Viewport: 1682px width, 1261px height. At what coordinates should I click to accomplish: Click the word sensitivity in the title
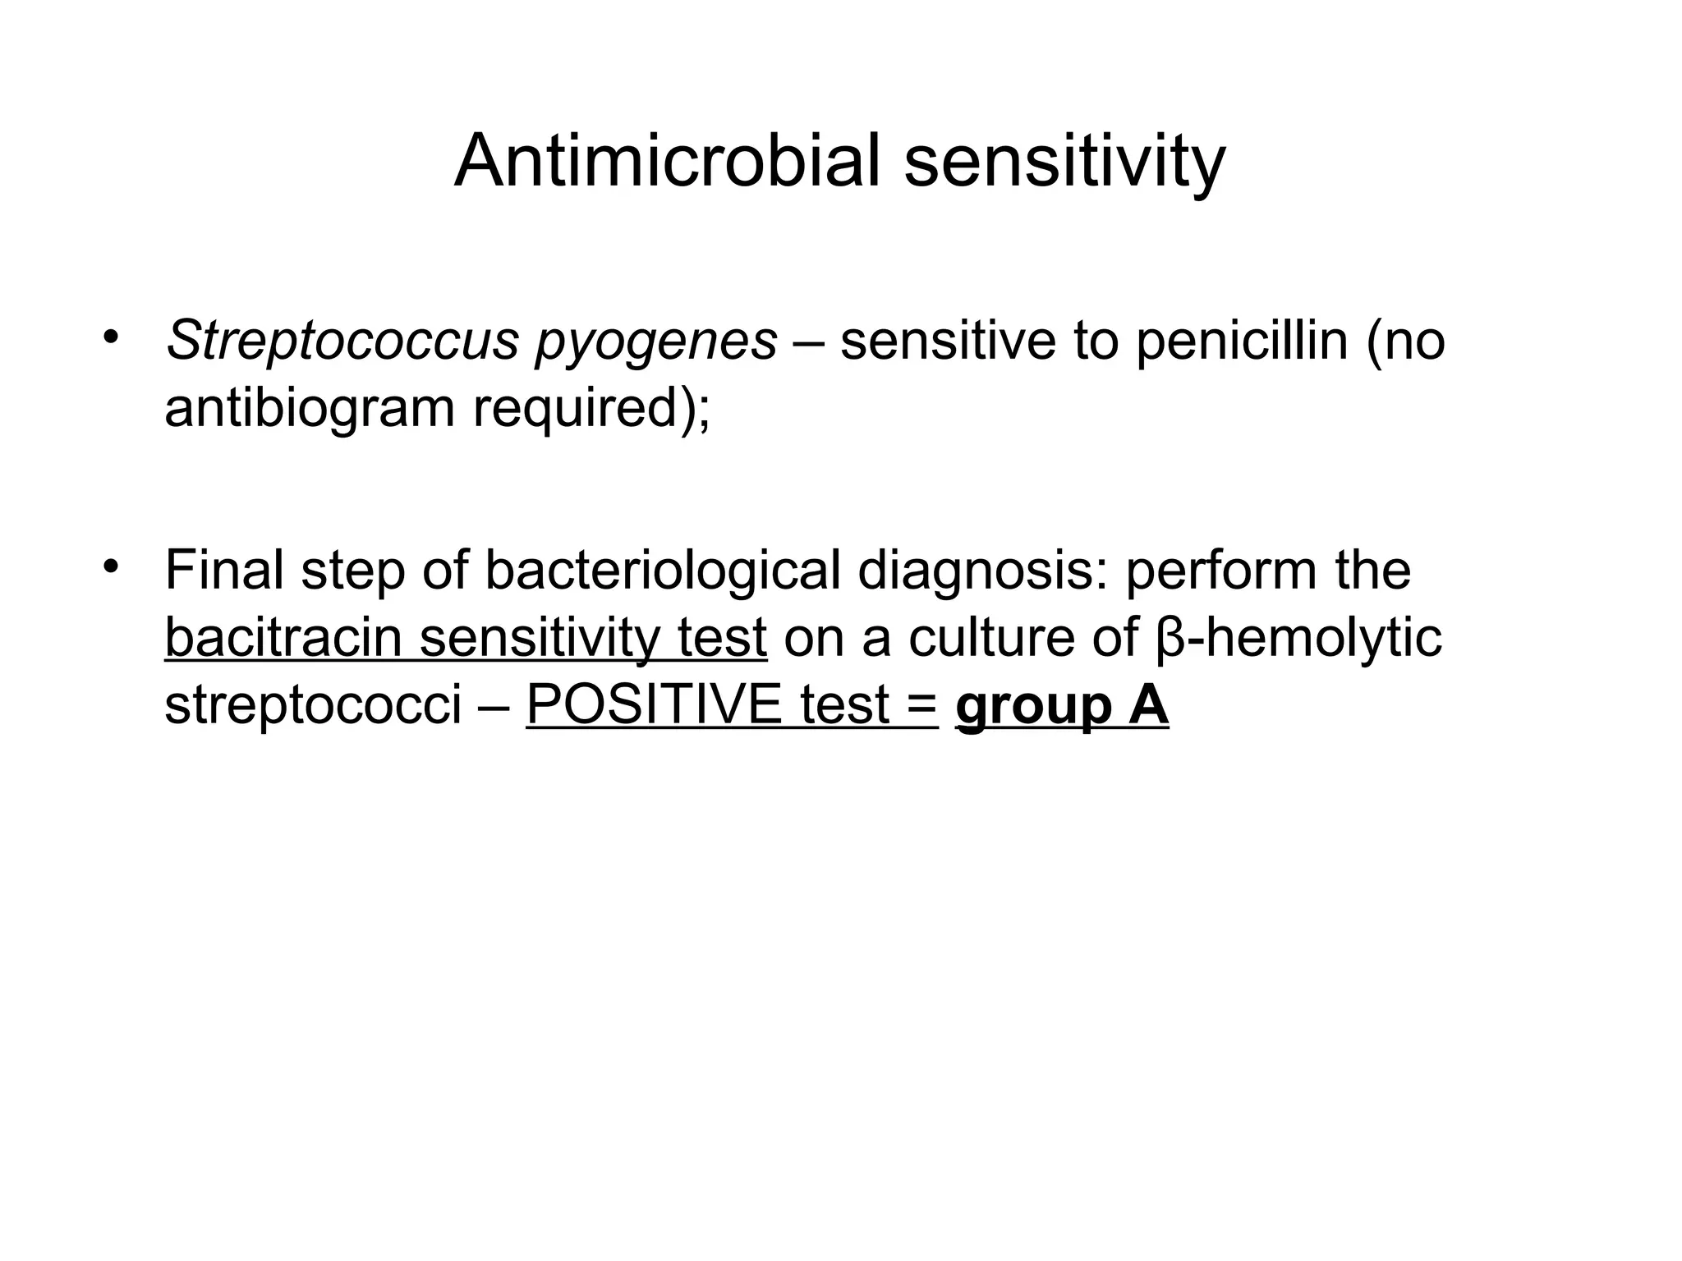point(1065,163)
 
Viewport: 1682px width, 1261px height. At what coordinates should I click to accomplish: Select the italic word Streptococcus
point(342,340)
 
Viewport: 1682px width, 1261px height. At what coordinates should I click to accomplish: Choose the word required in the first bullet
point(582,409)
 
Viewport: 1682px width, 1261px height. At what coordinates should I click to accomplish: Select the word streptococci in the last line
point(313,705)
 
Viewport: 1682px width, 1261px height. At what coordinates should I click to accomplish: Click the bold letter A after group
point(1148,704)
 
